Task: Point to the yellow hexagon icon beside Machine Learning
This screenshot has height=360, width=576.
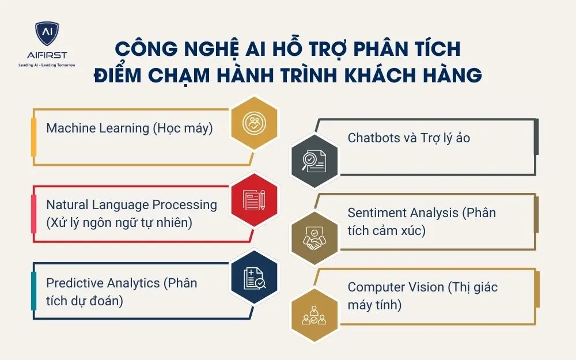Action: pyautogui.click(x=253, y=122)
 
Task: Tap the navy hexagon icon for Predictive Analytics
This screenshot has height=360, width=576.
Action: pyautogui.click(x=254, y=277)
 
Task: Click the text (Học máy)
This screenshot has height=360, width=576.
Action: pyautogui.click(x=183, y=128)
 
